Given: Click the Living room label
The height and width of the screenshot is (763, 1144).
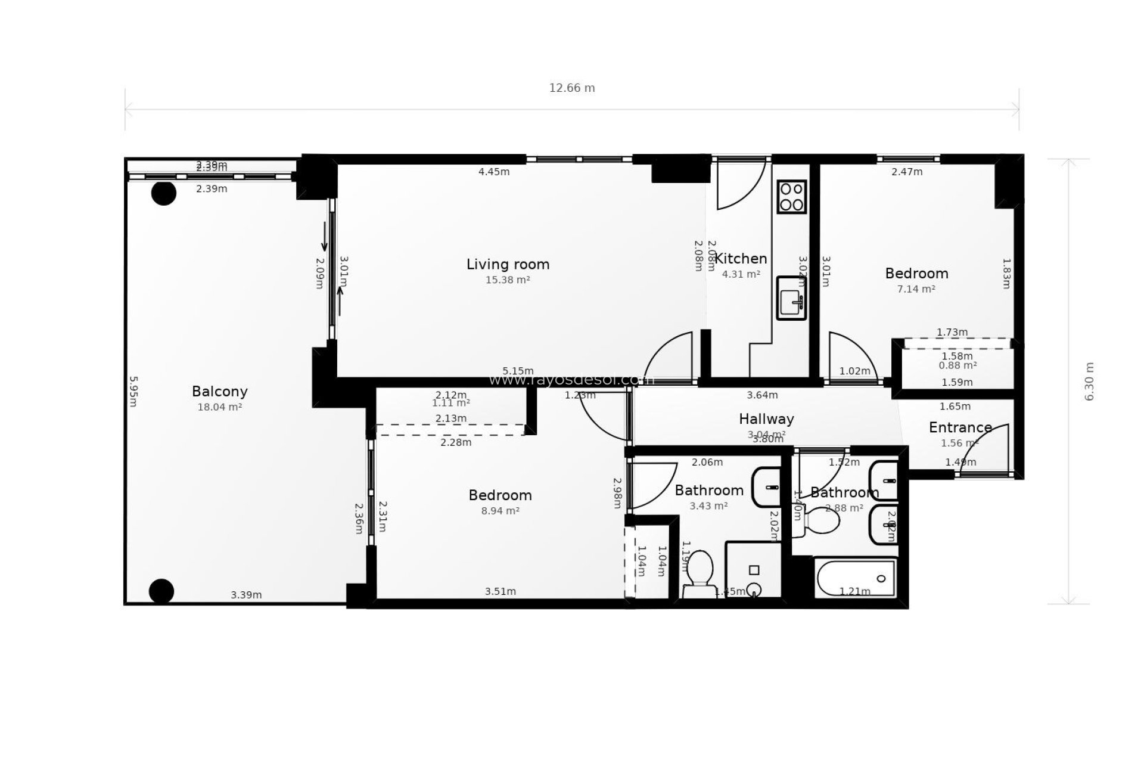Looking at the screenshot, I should [508, 264].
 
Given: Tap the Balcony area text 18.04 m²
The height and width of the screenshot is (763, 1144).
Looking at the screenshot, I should [219, 407].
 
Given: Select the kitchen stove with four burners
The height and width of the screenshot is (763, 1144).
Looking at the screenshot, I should [792, 197].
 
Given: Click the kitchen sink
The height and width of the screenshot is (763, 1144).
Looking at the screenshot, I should [791, 298].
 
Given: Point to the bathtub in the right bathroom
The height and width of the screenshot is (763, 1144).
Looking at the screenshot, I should [856, 578].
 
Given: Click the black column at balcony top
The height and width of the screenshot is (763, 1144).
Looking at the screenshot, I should [163, 193].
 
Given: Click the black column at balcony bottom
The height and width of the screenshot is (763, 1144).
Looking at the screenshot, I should [161, 591].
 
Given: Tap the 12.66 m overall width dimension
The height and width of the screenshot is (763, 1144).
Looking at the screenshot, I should [571, 88].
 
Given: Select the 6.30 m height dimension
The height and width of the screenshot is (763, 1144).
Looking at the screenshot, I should [1089, 381].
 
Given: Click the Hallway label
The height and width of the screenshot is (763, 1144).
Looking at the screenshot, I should [766, 419].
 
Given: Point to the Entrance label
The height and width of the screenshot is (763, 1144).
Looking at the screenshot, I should [960, 427].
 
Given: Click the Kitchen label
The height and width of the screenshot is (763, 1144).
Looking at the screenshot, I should [741, 259].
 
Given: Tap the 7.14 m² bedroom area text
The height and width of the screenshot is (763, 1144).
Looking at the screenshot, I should [916, 289].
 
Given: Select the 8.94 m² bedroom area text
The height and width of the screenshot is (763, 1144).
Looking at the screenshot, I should [500, 511].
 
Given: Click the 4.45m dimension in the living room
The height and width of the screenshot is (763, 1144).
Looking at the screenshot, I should [494, 172].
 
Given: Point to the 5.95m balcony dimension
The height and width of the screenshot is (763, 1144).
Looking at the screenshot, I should [134, 391].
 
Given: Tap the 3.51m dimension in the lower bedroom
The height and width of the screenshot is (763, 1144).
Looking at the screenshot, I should [500, 591].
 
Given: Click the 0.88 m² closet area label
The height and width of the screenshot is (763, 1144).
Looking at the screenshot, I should [957, 365].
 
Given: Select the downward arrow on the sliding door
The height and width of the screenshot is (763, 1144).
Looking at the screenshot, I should [325, 237].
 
